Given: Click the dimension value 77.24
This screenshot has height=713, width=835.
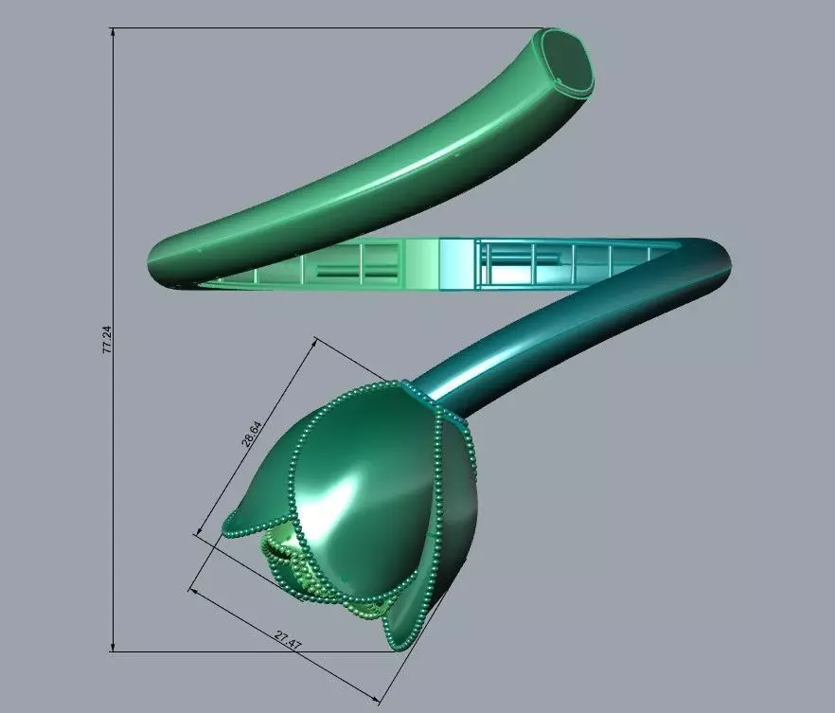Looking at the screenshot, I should point(107,340).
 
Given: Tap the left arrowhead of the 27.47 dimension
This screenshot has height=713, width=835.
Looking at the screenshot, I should point(193,591).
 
